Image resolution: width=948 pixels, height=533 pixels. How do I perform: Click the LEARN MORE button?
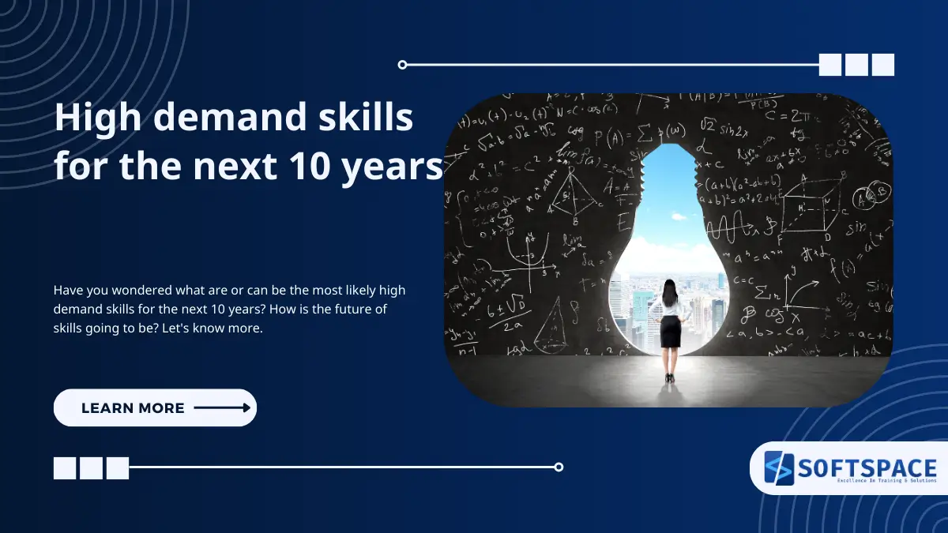155,407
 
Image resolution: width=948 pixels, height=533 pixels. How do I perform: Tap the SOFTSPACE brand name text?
867,466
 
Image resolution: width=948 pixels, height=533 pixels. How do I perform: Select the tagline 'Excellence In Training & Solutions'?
867,480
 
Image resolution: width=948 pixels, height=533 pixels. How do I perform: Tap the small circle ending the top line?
402,65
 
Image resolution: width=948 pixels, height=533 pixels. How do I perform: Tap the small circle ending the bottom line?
559,467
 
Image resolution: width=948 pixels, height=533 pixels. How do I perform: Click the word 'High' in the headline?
90,118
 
